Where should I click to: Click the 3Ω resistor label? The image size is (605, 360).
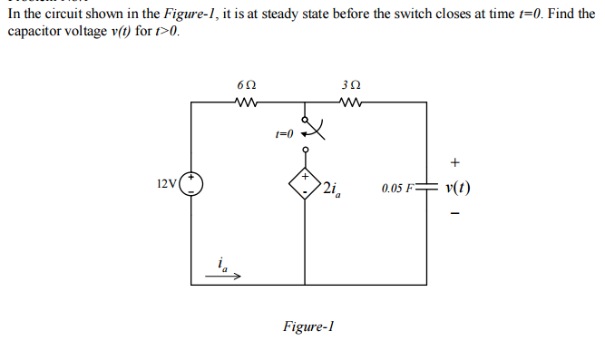click(351, 85)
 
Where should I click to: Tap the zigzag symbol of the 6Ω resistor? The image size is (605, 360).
click(245, 102)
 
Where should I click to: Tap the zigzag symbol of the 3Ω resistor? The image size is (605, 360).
click(351, 102)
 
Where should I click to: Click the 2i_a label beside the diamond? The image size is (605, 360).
click(331, 190)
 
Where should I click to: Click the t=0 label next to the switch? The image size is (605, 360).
click(284, 132)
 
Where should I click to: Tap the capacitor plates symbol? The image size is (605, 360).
click(424, 190)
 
